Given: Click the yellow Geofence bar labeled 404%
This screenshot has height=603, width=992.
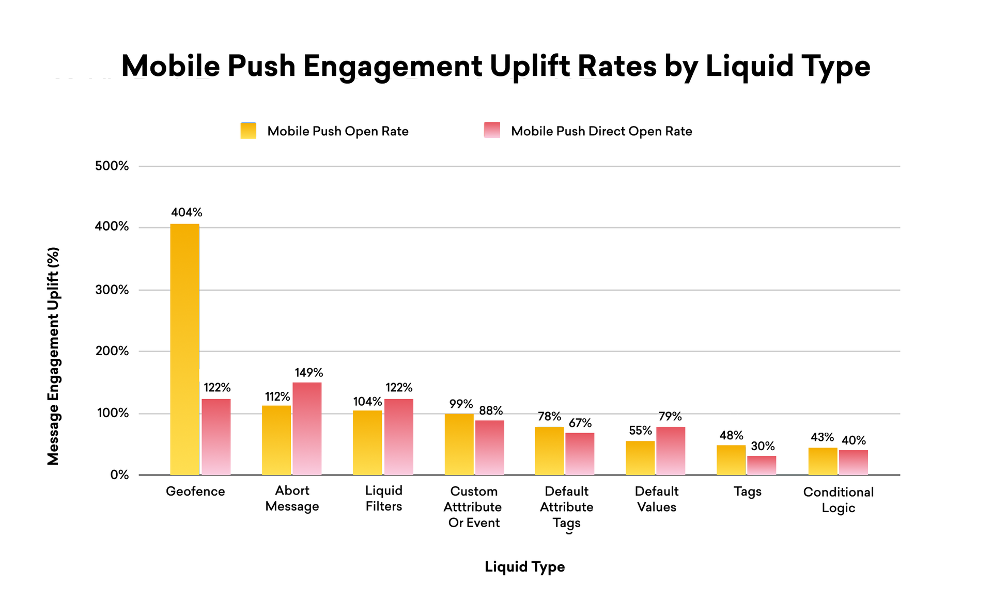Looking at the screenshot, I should (x=184, y=349).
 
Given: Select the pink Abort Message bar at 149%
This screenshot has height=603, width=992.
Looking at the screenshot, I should (x=307, y=429).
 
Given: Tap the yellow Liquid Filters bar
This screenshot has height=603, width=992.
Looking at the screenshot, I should (x=367, y=442).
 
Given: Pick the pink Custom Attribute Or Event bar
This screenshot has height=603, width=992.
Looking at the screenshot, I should (x=489, y=447).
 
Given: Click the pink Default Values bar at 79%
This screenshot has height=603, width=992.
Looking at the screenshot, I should (x=671, y=451).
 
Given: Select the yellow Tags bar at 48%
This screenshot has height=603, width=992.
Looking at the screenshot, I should (x=731, y=459).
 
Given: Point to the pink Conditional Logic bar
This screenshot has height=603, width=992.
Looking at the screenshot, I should (x=853, y=462).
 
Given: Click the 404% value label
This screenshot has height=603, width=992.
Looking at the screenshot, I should (x=187, y=212).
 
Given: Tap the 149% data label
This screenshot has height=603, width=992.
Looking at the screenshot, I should (x=309, y=372).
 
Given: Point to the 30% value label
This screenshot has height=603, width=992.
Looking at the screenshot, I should (x=763, y=446).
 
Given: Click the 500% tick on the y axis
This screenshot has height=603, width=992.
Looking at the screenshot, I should (x=112, y=166).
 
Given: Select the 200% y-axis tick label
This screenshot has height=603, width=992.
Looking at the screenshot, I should (x=112, y=351).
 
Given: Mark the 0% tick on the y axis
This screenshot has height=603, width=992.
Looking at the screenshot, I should (x=119, y=475).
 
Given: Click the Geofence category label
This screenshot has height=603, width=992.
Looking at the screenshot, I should (x=195, y=491).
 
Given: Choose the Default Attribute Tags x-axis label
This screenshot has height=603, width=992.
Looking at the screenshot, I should (x=566, y=506).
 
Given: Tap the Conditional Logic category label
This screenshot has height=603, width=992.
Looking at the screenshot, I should (x=838, y=499).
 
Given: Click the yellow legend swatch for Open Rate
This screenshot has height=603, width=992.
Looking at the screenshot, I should (x=249, y=131).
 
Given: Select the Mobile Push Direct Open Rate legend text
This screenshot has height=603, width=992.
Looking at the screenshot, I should (x=601, y=131).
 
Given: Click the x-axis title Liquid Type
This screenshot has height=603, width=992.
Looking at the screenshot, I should (x=524, y=566).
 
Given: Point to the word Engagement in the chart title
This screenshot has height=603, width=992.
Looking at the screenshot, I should (x=393, y=66).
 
